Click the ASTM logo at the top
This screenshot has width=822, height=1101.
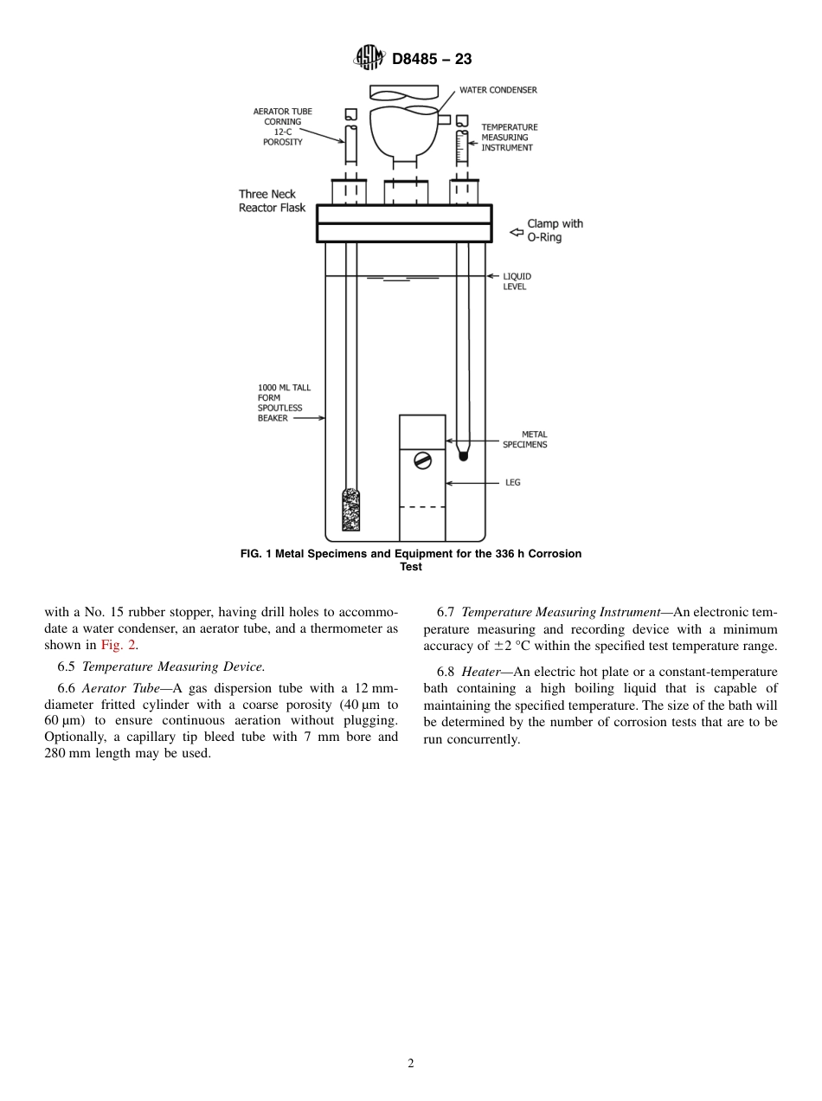point(369,58)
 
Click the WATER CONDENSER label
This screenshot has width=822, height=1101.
point(498,90)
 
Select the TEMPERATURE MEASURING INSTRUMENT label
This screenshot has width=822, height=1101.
point(509,138)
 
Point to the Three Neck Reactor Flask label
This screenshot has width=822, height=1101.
point(272,201)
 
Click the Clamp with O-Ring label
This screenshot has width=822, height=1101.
point(555,230)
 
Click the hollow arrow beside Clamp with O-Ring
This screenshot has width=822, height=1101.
point(516,231)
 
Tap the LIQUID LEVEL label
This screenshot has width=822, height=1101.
point(517,281)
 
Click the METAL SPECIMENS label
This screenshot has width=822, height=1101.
point(524,440)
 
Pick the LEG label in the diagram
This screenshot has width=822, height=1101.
point(512,482)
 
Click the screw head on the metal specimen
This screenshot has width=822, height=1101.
point(422,460)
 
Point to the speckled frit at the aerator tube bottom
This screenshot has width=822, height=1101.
point(350,510)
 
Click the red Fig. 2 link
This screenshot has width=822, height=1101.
point(119,645)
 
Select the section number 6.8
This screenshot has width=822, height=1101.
point(446,672)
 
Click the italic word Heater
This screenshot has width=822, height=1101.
point(480,672)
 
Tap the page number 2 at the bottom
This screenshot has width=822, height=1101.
point(411,1064)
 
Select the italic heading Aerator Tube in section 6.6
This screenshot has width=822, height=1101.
point(121,688)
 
